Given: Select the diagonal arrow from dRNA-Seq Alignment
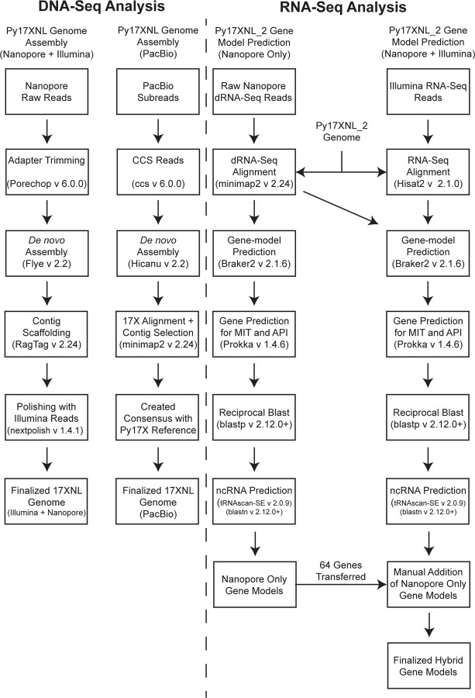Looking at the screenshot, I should click(341, 204).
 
